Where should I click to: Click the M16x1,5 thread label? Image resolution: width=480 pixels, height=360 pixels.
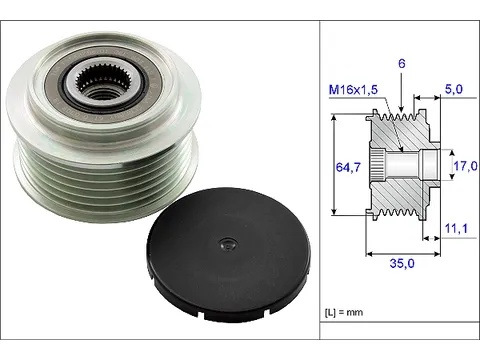click(x=353, y=90)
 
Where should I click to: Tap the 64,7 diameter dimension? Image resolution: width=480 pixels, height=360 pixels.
click(x=348, y=167)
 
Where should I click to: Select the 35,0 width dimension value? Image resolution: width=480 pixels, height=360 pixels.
click(x=402, y=263)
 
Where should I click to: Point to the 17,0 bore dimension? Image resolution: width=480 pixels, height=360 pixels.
click(x=465, y=166)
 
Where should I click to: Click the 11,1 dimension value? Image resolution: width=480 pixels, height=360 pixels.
click(x=456, y=229)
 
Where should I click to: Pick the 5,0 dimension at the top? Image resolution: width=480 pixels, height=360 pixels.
click(x=454, y=89)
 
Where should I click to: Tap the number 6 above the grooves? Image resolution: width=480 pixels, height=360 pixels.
click(x=402, y=63)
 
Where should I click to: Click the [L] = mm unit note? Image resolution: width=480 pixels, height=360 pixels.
click(x=344, y=312)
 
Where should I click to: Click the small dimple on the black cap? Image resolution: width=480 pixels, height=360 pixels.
click(x=228, y=245)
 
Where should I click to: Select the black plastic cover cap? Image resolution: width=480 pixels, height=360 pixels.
click(x=228, y=254)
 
